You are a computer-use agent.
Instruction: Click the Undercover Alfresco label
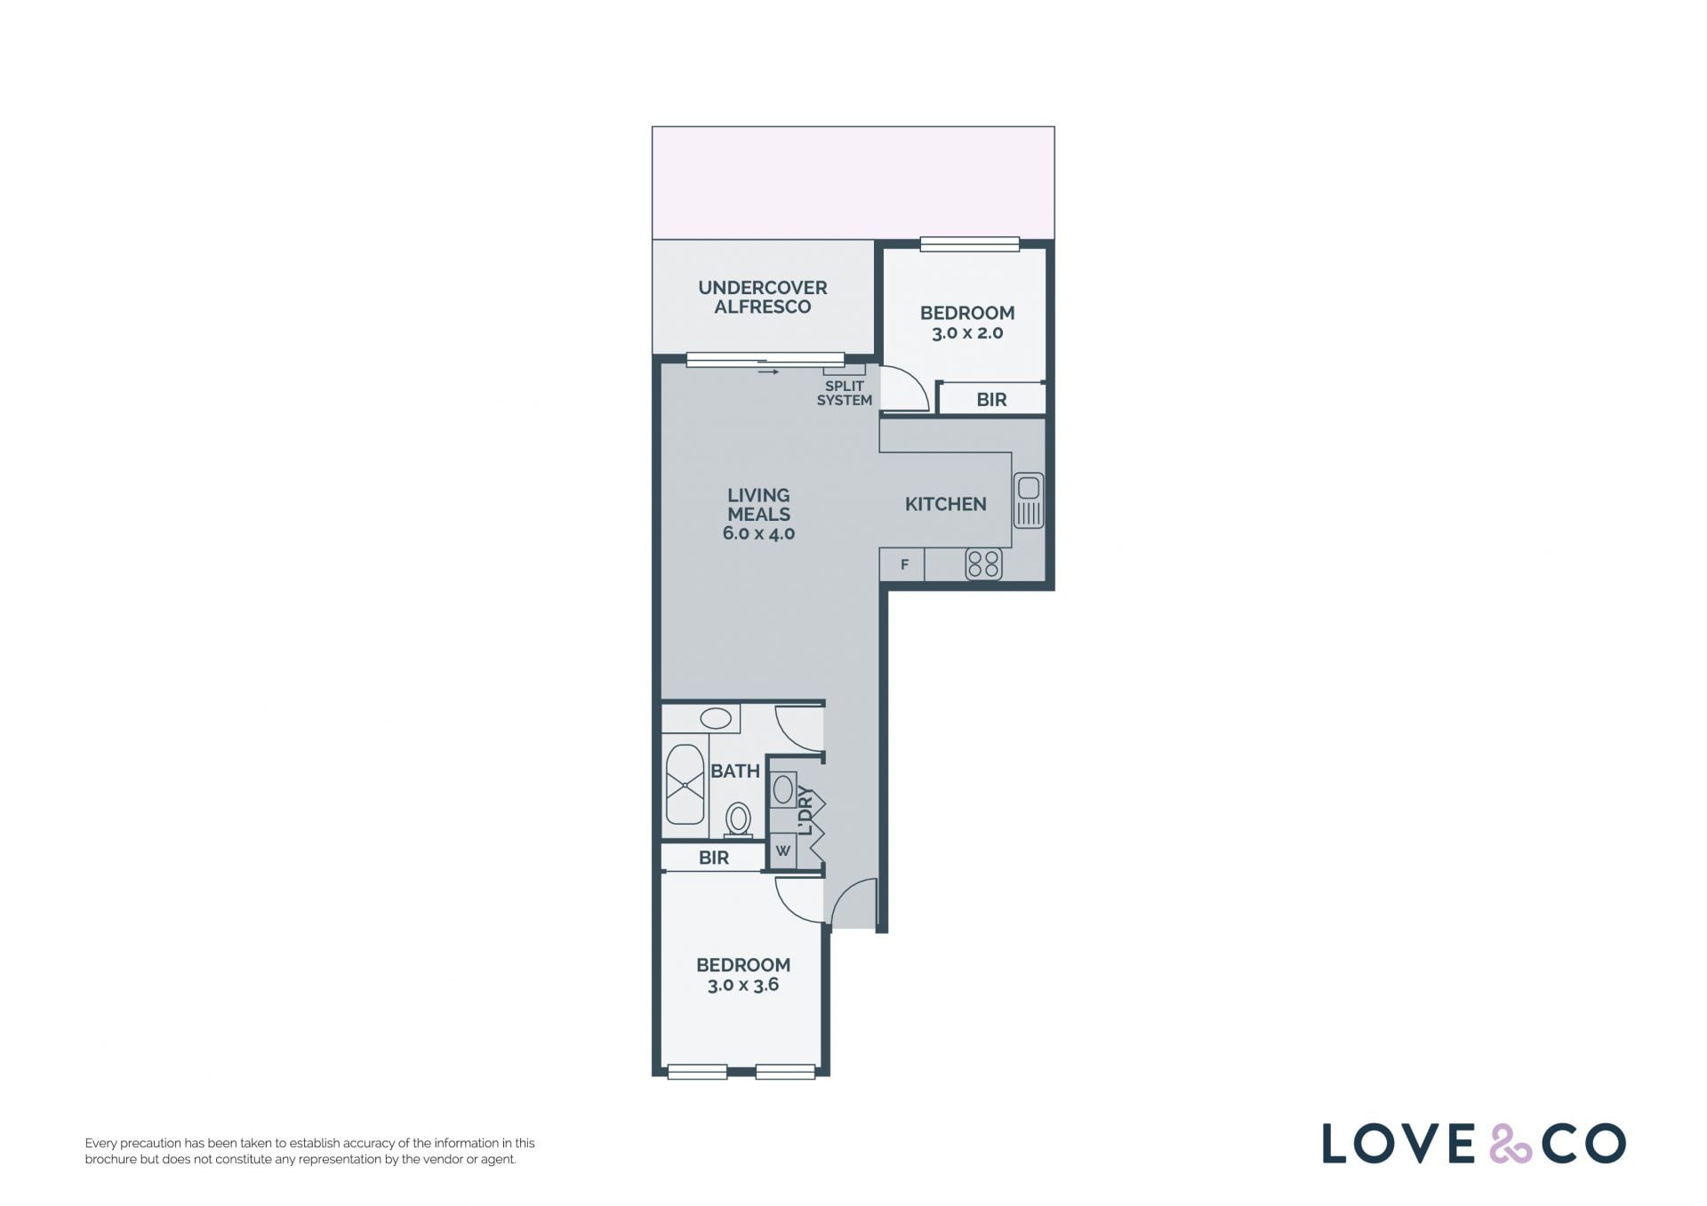click(763, 297)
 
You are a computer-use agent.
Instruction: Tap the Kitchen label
click(945, 504)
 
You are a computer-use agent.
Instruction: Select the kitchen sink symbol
click(1029, 500)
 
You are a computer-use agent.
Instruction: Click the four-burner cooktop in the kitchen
click(983, 564)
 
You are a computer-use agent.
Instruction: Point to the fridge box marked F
click(902, 564)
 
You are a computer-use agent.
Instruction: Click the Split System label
click(844, 393)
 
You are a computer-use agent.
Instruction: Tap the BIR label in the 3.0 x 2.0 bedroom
click(991, 400)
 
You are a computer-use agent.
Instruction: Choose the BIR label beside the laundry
click(714, 858)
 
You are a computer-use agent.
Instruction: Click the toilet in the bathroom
click(738, 819)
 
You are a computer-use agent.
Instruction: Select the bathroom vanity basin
click(716, 718)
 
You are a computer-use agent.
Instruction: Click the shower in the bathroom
click(685, 785)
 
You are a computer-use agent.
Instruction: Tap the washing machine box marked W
click(783, 851)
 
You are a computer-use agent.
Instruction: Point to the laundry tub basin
click(783, 789)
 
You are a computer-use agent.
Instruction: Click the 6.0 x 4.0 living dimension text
click(758, 533)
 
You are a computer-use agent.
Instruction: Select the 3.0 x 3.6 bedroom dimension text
click(743, 985)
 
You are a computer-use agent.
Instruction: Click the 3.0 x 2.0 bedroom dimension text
click(967, 333)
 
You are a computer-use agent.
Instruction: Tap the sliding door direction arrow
click(768, 371)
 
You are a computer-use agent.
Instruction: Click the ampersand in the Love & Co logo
click(1511, 1144)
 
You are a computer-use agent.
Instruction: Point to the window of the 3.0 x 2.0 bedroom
click(969, 244)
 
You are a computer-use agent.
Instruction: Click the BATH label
click(735, 771)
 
